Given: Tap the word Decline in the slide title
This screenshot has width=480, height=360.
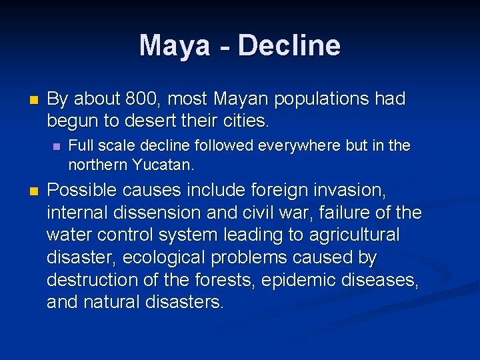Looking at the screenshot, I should [x=289, y=45].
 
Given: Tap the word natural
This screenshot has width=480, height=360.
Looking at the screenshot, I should [x=111, y=302].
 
